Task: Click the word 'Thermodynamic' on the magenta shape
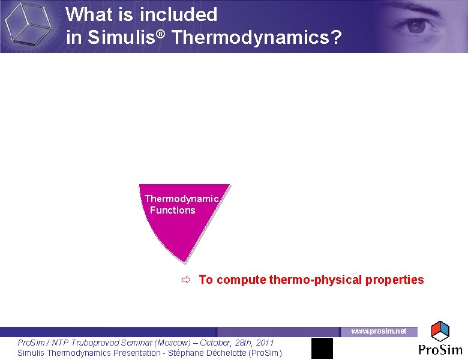(181, 199)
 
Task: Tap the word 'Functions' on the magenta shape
(173, 210)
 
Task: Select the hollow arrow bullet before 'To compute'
(185, 280)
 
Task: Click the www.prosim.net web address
(379, 331)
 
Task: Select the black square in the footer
(322, 348)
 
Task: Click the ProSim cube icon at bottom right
(440, 331)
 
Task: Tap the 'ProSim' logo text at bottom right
(440, 350)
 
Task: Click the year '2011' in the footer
(264, 343)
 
